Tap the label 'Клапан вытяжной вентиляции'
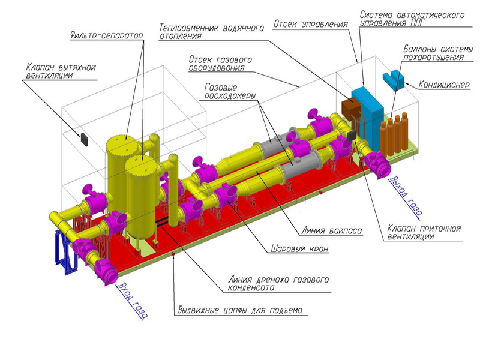point(61,71)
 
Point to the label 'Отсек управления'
point(310,25)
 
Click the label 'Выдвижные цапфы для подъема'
point(240,310)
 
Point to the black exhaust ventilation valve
point(84,139)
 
